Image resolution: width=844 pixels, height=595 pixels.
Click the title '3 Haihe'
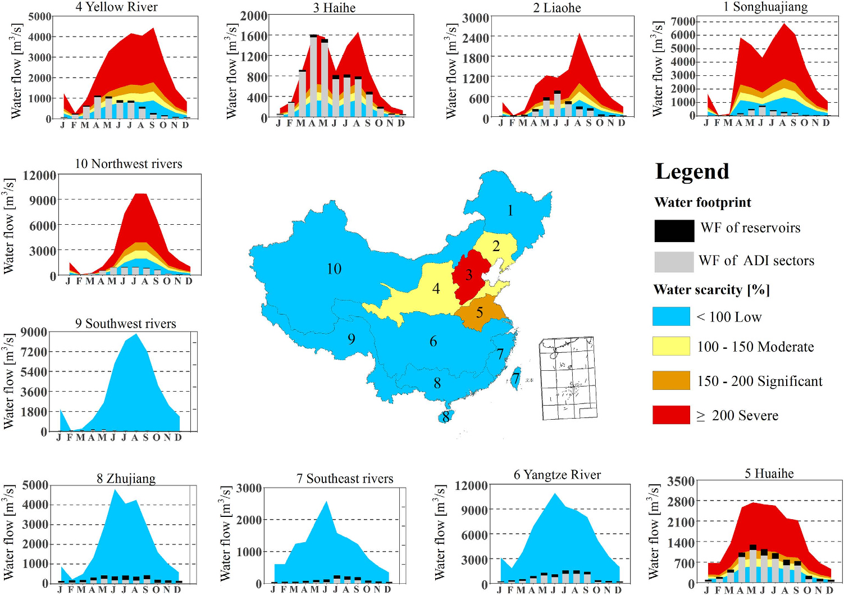point(334,8)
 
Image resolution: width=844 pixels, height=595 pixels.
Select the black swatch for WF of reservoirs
point(674,230)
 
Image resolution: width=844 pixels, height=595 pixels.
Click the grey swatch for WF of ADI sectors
point(674,262)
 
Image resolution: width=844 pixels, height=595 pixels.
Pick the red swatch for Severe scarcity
point(671,415)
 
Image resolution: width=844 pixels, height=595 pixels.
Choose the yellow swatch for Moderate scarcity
point(671,346)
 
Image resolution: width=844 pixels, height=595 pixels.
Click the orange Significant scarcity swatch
point(671,380)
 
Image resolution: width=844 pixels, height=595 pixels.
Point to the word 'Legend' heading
point(692,171)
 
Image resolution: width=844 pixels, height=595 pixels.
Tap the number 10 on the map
point(334,269)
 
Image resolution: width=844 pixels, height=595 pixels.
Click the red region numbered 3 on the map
point(469,275)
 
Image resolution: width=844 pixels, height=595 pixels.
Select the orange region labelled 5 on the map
point(480,312)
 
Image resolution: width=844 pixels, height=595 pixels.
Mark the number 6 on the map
point(433,342)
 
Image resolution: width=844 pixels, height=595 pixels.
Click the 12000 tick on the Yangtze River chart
point(471,485)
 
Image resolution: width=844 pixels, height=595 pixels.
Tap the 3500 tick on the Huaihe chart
point(681,482)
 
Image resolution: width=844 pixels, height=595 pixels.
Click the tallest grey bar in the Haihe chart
point(313,79)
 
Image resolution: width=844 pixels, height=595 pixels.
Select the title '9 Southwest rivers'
point(125,324)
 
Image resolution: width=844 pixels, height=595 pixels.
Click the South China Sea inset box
point(567,378)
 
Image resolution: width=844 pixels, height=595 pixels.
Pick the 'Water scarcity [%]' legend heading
point(711,290)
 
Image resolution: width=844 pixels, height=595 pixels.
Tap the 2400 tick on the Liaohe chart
point(476,38)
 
